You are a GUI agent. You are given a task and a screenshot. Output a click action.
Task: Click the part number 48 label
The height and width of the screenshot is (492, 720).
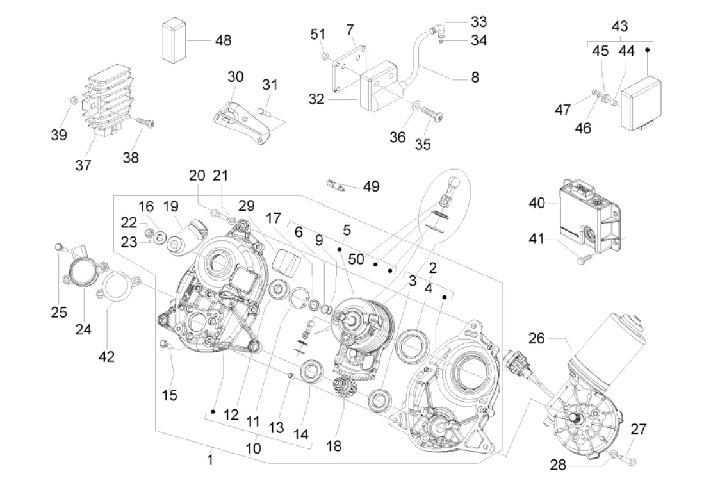click(223, 40)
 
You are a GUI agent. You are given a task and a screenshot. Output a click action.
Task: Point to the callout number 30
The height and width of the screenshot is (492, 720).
click(235, 77)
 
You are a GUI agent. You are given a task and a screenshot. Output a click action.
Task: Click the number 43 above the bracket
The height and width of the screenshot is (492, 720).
click(619, 27)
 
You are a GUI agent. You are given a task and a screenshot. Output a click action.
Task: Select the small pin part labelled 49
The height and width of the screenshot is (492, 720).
click(338, 186)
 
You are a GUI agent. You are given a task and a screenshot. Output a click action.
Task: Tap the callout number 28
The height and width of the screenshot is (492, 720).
click(559, 464)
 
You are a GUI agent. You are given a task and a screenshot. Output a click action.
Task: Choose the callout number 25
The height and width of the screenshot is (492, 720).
click(59, 312)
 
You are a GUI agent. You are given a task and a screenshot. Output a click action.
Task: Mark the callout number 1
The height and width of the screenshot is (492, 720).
click(209, 459)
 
